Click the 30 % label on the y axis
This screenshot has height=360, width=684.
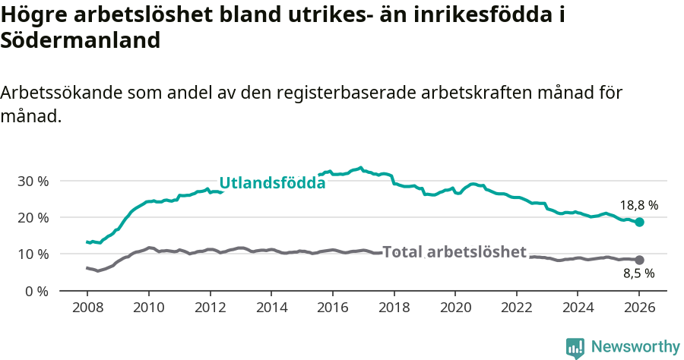tap(33, 182)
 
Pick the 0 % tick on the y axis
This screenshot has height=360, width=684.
tap(36, 291)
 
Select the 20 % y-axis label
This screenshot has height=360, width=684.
tap(33, 218)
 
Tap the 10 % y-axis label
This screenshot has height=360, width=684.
tap(33, 254)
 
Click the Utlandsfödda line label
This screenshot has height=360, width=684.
tap(272, 182)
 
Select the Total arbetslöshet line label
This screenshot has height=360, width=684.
tap(454, 252)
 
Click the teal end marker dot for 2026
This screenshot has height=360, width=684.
tap(640, 222)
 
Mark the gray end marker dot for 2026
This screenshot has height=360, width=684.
tap(640, 260)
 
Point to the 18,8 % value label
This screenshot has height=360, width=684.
tap(639, 205)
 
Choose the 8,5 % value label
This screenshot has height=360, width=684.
tap(639, 273)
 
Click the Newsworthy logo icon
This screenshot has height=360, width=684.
tap(575, 348)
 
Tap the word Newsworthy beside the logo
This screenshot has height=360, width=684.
tap(635, 347)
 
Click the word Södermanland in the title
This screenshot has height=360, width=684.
tap(81, 41)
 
